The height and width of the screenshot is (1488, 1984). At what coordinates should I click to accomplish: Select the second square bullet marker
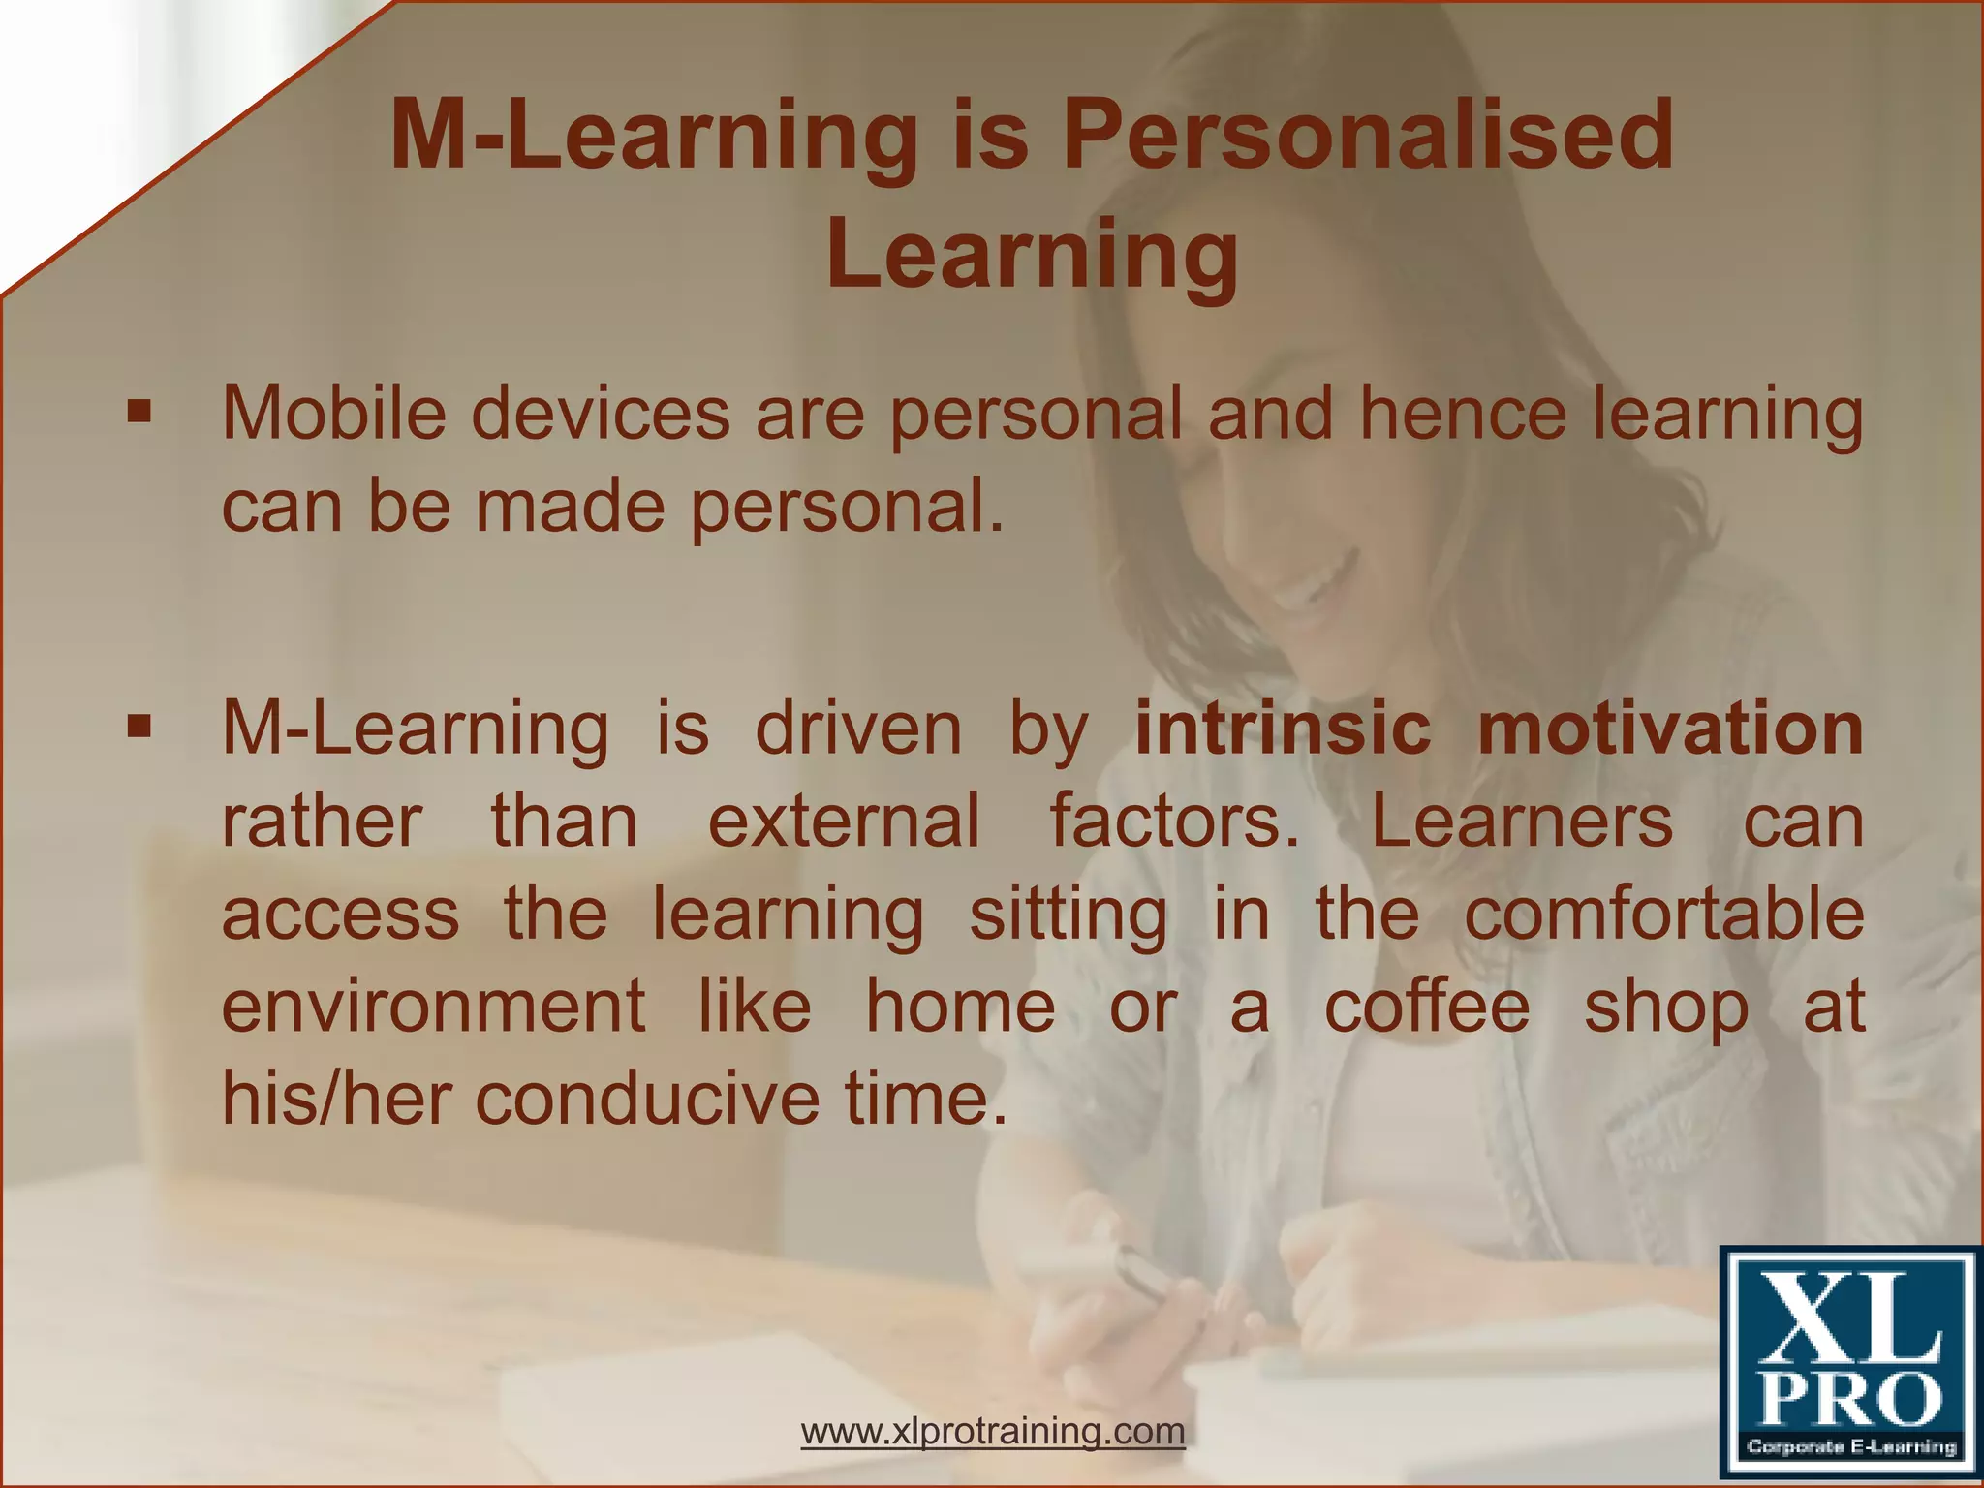click(139, 728)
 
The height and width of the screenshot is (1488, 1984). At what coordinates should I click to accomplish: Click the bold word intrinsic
click(1283, 728)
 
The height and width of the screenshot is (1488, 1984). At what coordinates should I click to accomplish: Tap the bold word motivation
click(1670, 728)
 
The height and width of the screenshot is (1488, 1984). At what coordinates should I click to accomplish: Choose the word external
click(844, 821)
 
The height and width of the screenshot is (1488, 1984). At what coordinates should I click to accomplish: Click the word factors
click(1175, 821)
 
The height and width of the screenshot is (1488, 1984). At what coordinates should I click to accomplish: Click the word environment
click(433, 1007)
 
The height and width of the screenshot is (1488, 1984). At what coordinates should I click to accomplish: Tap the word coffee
click(1426, 1007)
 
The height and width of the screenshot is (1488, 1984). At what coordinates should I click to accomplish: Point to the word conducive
click(647, 1099)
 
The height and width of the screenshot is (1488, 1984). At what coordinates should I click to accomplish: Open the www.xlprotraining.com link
click(993, 1431)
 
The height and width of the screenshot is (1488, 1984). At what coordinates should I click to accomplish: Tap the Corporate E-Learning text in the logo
click(1851, 1447)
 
